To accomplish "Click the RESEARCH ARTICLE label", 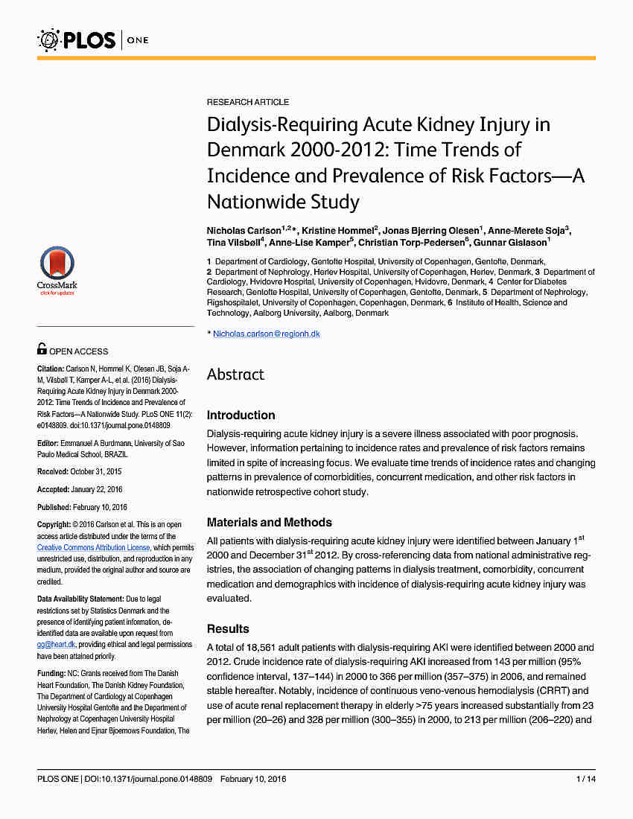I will (x=248, y=102).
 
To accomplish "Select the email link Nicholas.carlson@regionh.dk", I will (x=267, y=334).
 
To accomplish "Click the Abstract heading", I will (x=235, y=375).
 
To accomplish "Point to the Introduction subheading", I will (x=241, y=415).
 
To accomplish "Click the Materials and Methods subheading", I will (x=269, y=523).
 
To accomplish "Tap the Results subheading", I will (x=228, y=629).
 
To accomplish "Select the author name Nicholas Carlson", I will (x=244, y=230).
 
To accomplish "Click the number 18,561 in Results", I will (x=265, y=647).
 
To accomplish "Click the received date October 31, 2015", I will (x=95, y=472).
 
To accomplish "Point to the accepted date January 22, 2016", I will (x=96, y=490).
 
